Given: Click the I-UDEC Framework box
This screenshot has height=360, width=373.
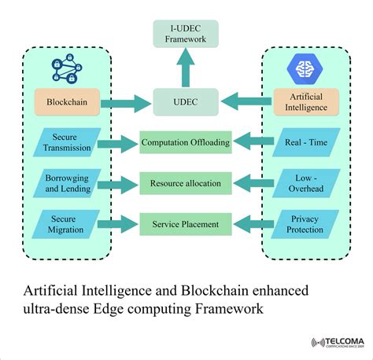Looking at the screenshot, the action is [186, 34].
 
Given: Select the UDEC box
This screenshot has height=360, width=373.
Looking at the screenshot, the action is [186, 102].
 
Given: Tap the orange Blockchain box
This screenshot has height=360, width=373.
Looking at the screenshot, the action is [67, 102].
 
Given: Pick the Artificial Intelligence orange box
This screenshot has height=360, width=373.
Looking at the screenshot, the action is [306, 102].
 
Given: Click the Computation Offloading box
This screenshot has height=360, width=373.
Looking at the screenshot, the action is [186, 142].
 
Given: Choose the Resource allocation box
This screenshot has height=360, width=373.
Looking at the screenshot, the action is [186, 183].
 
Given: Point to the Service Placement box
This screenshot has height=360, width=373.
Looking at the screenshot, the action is [186, 224].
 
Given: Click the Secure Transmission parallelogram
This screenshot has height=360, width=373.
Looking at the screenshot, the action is [67, 142].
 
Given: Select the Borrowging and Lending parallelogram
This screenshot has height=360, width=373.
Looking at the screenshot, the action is [67, 183].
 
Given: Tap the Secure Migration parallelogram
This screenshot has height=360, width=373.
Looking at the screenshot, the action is [65, 224].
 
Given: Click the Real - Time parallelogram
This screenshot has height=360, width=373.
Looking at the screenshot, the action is [306, 142].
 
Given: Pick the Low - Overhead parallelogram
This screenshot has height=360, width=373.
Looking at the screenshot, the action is [306, 183].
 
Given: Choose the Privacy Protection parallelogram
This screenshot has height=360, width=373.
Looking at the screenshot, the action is [305, 224].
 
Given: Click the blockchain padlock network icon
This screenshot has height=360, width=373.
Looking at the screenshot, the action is [67, 68].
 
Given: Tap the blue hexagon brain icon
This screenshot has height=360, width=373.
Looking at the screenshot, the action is [305, 69].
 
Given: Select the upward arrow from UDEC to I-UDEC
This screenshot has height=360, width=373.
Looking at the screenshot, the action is [186, 68].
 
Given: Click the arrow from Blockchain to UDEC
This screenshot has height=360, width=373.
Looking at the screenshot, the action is [126, 104].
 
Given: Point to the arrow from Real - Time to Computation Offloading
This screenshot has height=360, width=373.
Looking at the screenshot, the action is [253, 141].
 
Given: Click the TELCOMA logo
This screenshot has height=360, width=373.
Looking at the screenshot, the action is [338, 342].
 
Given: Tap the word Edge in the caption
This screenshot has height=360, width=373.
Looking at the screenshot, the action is [108, 309].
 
